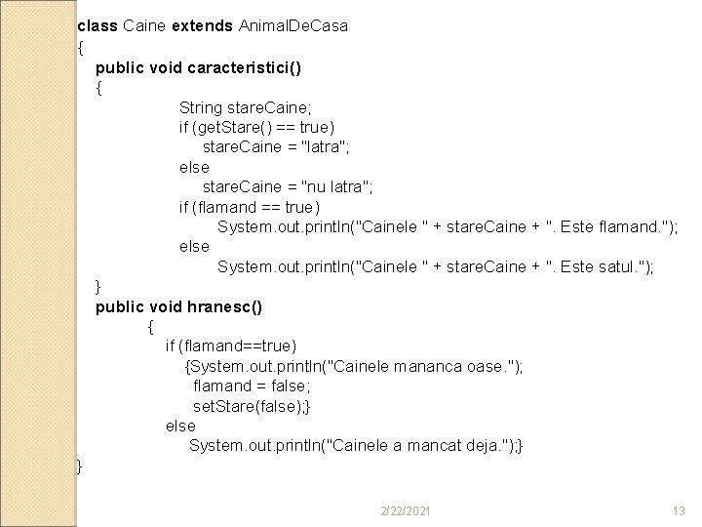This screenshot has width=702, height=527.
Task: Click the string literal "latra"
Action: click(321, 147)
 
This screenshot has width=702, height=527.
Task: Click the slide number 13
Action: click(680, 511)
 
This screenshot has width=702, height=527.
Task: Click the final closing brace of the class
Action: click(80, 466)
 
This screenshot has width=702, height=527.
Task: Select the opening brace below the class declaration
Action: click(80, 47)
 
